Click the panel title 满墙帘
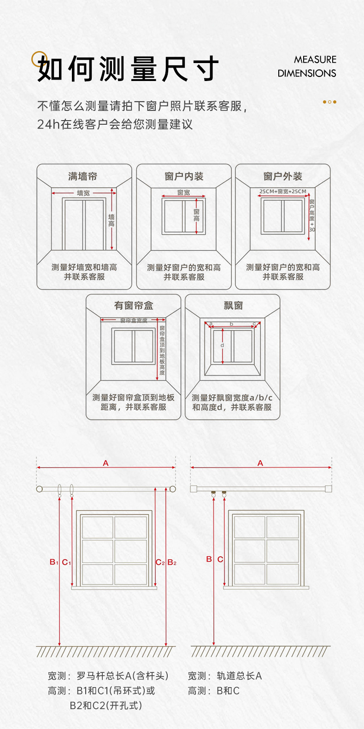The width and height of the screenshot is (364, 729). point(83,176)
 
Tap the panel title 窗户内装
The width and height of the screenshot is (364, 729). point(184,176)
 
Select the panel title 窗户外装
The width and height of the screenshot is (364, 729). point(282,176)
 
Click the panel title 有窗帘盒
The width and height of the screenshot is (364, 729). point(134,306)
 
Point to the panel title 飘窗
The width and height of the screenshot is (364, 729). point(233,306)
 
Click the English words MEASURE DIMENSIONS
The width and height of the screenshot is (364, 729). point(307,66)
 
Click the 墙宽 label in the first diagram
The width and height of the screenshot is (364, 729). point(83,193)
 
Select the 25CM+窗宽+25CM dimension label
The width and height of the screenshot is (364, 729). point(282,191)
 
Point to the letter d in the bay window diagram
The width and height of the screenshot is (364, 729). point(223,345)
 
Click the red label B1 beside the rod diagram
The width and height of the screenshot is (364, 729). point(54,562)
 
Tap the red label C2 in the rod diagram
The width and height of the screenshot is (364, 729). point(160,562)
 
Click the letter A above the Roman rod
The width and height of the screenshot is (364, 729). point(106,463)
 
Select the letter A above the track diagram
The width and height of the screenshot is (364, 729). point(260,463)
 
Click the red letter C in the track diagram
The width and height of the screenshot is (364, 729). point(220,559)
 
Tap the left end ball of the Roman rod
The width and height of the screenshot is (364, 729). point(40,489)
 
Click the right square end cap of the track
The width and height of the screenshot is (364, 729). point(328,489)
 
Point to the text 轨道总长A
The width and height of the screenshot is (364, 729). point(239,676)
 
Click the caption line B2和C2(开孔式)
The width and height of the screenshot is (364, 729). point(106,706)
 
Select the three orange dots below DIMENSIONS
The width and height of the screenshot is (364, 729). point(329,102)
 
